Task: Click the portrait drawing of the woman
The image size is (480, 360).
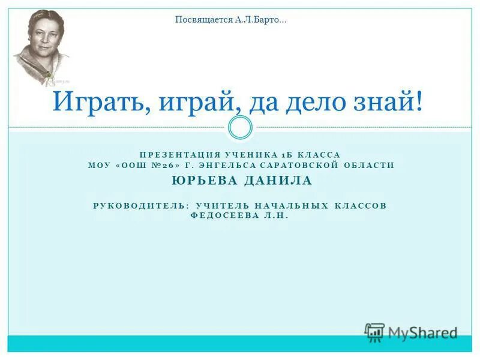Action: click(x=40, y=47)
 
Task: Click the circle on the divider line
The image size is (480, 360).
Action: click(x=241, y=127)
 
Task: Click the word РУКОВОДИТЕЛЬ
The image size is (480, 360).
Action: click(x=140, y=205)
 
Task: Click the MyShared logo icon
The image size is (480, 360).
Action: click(x=374, y=332)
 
